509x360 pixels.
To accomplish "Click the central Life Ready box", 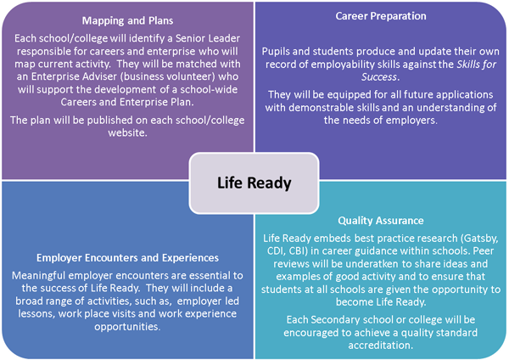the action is pyautogui.click(x=254, y=183).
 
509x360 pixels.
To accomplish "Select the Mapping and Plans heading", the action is pyautogui.click(x=127, y=20).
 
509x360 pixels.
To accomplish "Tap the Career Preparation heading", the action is pyautogui.click(x=381, y=16).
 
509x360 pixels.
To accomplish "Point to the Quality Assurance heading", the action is pyautogui.click(x=381, y=221).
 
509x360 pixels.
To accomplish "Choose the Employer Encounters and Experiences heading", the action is pyautogui.click(x=127, y=257).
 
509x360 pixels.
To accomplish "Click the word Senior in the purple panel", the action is pyautogui.click(x=191, y=38).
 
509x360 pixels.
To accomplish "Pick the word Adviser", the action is pyautogui.click(x=98, y=76).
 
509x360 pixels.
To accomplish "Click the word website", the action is pyautogui.click(x=127, y=133).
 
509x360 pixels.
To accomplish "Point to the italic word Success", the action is pyautogui.click(x=379, y=77).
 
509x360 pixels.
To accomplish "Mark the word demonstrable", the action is pyautogui.click(x=320, y=107).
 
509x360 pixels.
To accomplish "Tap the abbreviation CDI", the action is pyautogui.click(x=275, y=250).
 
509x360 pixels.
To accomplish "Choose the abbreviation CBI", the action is pyautogui.click(x=296, y=250).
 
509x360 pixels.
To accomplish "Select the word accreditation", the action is pyautogui.click(x=380, y=345).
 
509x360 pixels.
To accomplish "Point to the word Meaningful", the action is pyautogui.click(x=39, y=276).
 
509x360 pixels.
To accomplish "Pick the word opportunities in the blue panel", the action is pyautogui.click(x=127, y=327).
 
